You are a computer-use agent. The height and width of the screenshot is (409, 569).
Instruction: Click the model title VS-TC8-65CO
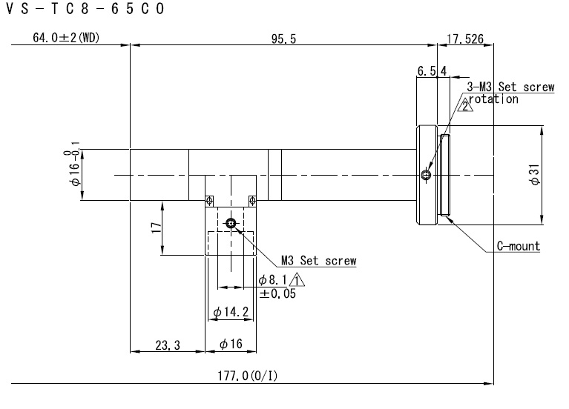tap(85, 9)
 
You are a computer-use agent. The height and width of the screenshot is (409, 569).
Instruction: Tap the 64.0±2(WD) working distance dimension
tap(66, 37)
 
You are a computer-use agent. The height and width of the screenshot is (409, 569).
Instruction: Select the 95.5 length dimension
tap(284, 39)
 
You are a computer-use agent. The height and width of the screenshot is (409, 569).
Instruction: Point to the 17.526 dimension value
tap(465, 39)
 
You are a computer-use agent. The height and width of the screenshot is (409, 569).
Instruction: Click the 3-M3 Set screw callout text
tap(510, 87)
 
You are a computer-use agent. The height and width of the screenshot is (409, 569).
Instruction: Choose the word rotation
tap(493, 99)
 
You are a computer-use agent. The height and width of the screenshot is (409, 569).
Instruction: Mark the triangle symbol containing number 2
tap(465, 105)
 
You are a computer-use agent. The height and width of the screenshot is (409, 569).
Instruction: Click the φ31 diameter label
tap(535, 174)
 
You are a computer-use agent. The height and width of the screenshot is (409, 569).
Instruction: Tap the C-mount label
tap(519, 246)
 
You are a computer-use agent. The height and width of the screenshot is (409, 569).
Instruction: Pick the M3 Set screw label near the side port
tap(318, 261)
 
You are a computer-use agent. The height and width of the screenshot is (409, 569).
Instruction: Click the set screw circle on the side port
tap(231, 223)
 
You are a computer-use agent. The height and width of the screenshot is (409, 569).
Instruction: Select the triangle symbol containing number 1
tap(297, 280)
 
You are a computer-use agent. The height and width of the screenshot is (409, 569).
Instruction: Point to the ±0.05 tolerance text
tap(277, 293)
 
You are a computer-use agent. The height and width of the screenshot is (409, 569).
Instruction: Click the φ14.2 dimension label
tap(231, 312)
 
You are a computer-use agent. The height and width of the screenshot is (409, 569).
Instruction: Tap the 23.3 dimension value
tap(168, 345)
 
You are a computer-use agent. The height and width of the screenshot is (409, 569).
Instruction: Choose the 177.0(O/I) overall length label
tap(248, 376)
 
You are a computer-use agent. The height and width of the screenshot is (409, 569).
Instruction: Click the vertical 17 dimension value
tap(156, 227)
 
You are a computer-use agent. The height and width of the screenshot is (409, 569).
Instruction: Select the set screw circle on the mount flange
tap(426, 176)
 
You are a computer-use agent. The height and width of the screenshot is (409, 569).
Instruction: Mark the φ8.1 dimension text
tap(272, 280)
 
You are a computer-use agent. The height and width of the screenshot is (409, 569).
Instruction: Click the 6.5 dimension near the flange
tap(427, 71)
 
